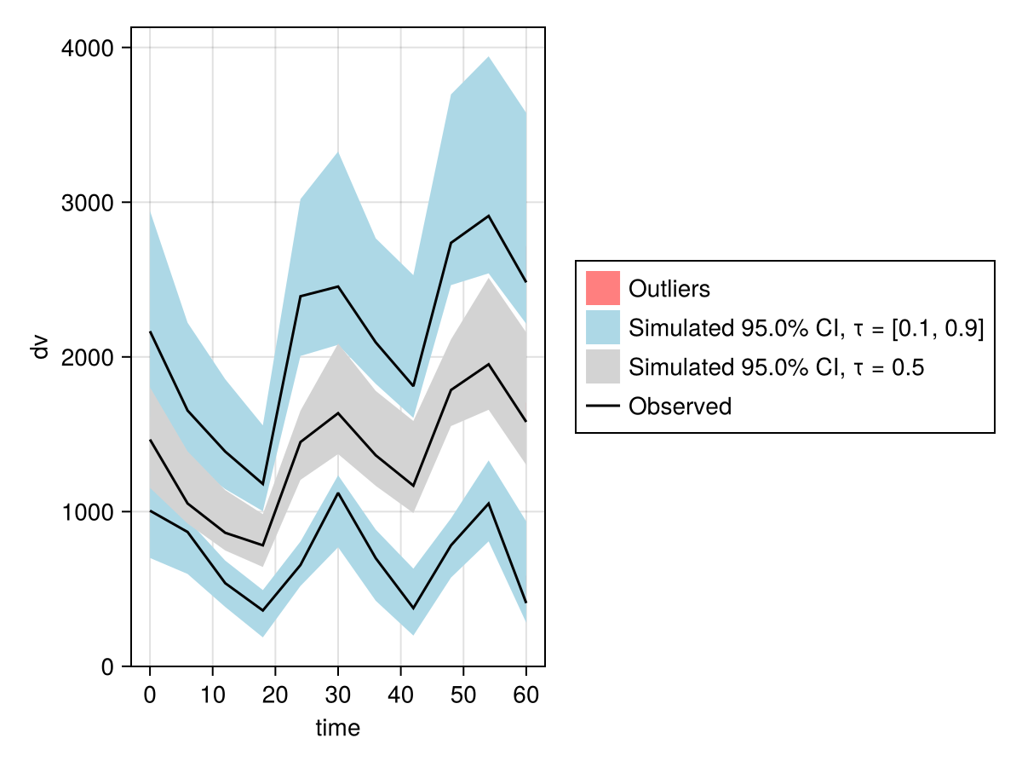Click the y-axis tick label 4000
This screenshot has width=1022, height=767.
tap(89, 49)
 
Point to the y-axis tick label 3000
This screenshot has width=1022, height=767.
tap(89, 203)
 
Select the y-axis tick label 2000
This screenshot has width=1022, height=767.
tap(89, 357)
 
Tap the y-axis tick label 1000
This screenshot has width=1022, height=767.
tap(89, 512)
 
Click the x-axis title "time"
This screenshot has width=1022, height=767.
tap(338, 728)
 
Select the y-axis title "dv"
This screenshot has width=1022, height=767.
tap(39, 347)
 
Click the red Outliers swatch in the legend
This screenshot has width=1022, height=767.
tap(602, 288)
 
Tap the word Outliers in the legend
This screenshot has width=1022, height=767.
tap(669, 289)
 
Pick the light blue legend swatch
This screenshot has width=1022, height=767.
tap(602, 327)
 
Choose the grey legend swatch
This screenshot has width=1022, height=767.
tap(602, 366)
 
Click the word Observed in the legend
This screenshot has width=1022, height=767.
tap(680, 407)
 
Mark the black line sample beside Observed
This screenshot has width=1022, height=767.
tap(602, 407)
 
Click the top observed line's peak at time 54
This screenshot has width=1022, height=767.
tap(489, 216)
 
